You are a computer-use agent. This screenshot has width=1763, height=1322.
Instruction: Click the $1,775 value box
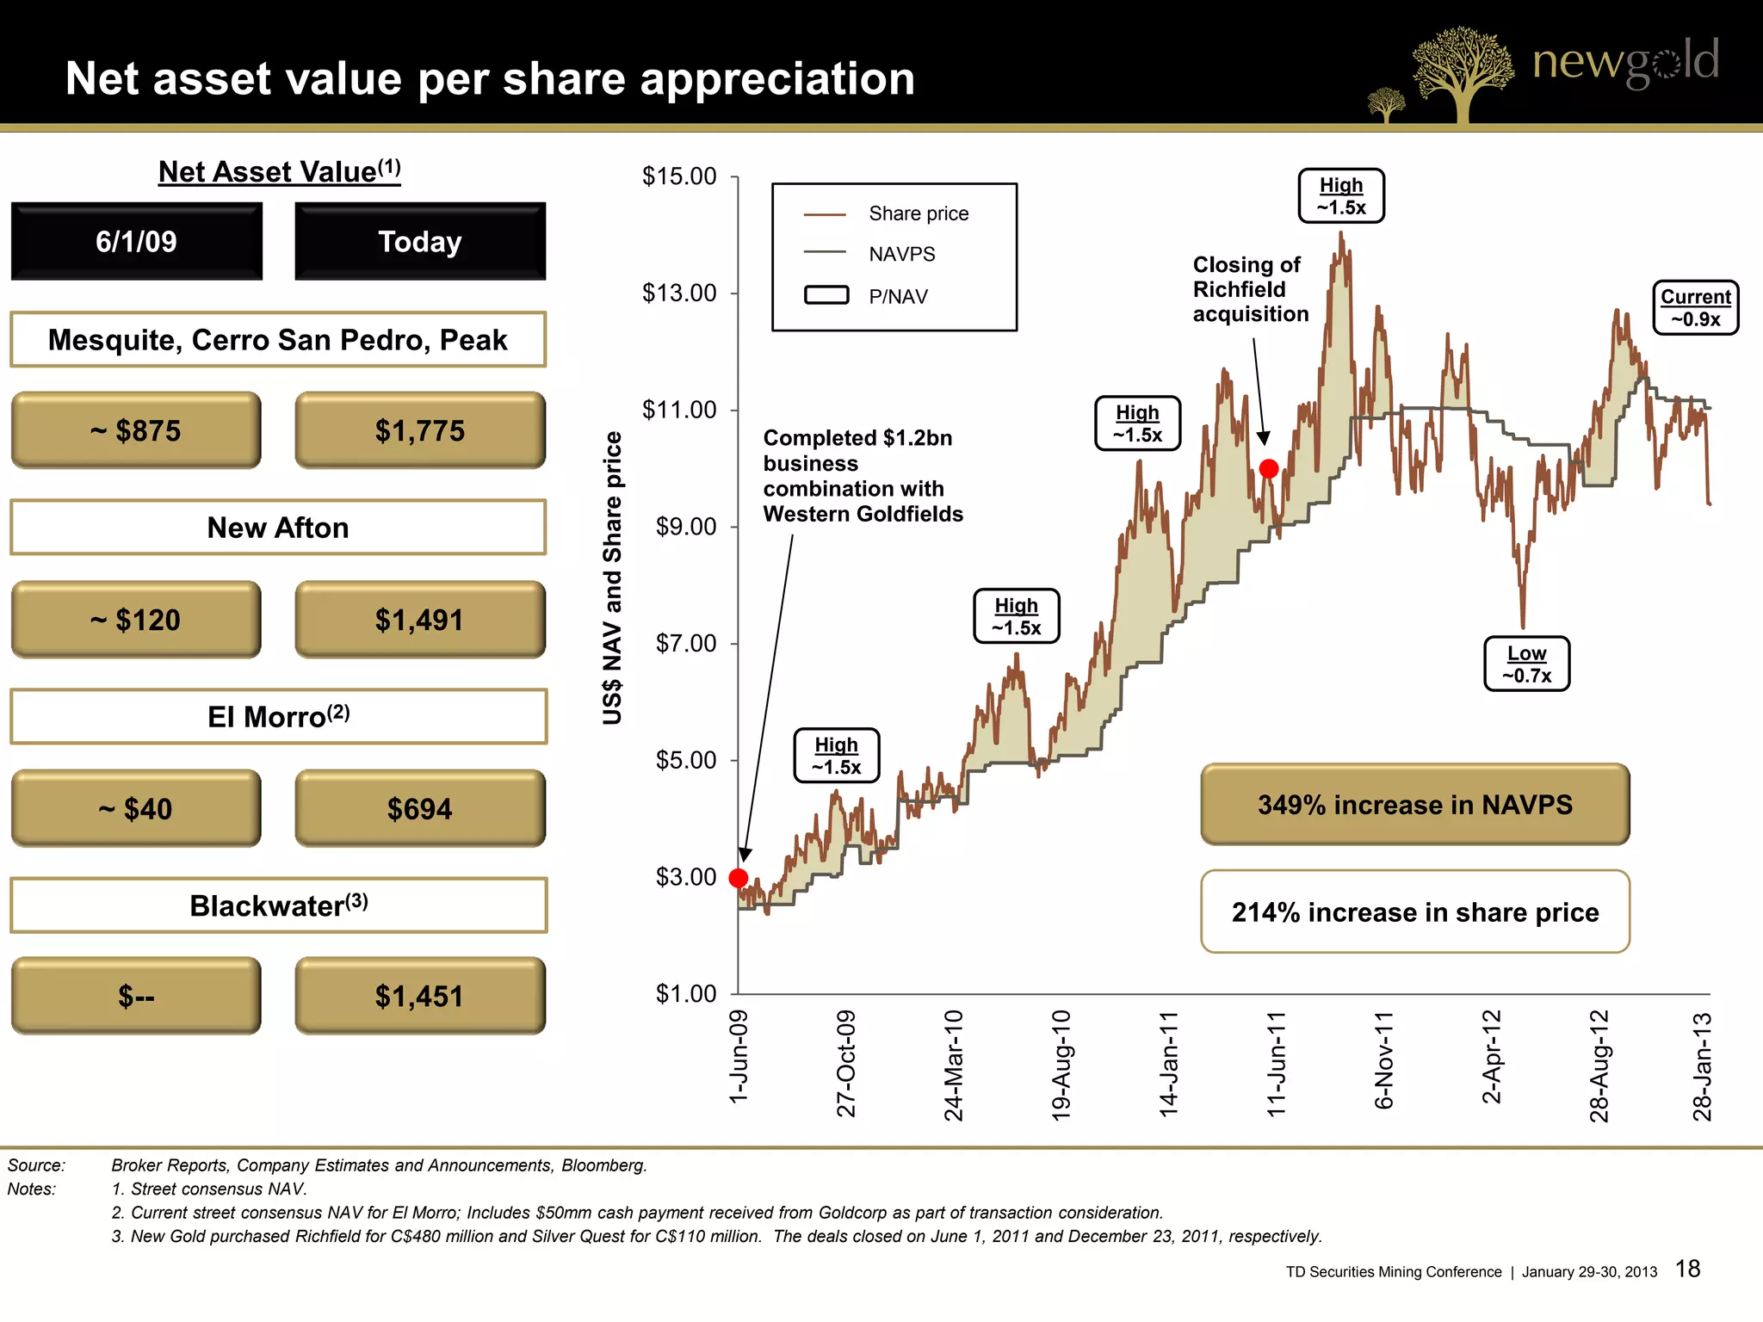420,430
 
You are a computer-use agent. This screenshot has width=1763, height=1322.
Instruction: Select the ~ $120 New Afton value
136,620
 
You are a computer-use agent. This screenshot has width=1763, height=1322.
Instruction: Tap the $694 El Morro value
420,809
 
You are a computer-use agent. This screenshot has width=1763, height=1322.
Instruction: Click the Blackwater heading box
278,905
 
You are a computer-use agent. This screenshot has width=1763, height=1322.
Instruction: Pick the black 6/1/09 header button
136,242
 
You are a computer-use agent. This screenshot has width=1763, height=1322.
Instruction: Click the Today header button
420,242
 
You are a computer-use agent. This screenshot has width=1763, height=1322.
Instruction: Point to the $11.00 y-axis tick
679,410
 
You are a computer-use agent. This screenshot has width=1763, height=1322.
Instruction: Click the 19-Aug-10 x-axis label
1061,1066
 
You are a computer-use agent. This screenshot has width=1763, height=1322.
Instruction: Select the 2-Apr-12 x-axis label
1491,1057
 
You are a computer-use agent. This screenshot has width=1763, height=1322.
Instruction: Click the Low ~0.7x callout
1526,664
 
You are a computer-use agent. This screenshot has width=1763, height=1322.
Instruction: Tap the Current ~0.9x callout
1695,308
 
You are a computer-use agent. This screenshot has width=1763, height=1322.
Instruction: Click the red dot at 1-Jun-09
739,878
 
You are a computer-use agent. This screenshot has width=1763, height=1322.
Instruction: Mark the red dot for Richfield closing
1269,469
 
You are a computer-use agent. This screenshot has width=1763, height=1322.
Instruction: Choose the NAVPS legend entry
901,254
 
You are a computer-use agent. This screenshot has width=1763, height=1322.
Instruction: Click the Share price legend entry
918,213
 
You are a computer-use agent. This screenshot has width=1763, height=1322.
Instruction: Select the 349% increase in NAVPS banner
1414,805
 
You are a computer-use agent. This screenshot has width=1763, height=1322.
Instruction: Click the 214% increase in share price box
1414,912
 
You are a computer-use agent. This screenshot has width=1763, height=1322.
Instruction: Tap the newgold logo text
1624,62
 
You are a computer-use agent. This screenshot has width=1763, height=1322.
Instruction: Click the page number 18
1687,1269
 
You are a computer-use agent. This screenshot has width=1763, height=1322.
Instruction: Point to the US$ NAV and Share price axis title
612,578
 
